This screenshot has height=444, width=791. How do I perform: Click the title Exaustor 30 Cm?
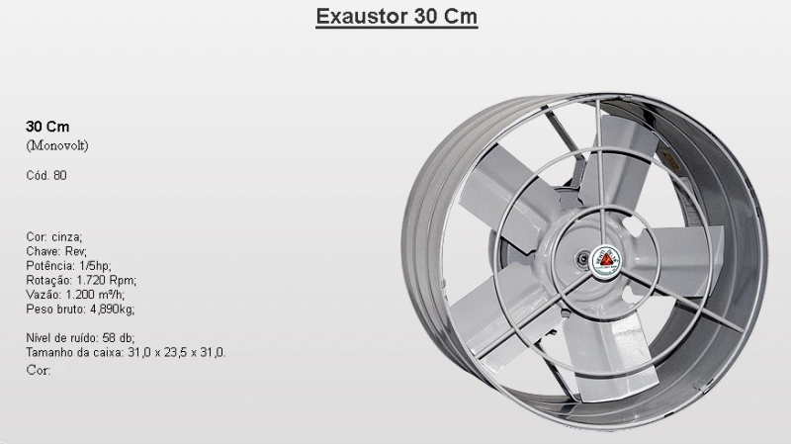click(x=396, y=16)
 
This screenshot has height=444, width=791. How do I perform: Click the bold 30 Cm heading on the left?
click(x=47, y=127)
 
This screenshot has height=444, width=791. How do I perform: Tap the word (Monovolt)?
click(x=57, y=145)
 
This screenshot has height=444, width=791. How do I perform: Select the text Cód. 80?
click(x=46, y=175)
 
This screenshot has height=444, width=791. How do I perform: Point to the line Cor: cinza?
click(x=54, y=236)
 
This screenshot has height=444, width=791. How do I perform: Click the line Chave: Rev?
click(x=56, y=251)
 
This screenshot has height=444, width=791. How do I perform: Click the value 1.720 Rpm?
click(x=107, y=280)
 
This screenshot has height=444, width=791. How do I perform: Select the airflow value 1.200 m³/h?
click(x=95, y=295)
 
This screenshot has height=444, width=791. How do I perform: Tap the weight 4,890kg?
click(x=112, y=309)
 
